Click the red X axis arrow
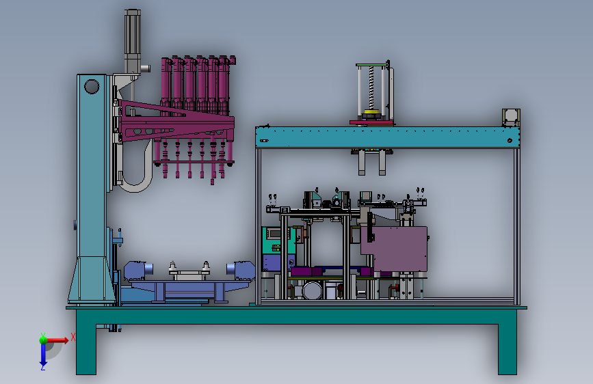click(57, 340)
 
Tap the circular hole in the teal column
click(92, 86)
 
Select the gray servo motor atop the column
click(133, 41)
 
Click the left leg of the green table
click(86, 342)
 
